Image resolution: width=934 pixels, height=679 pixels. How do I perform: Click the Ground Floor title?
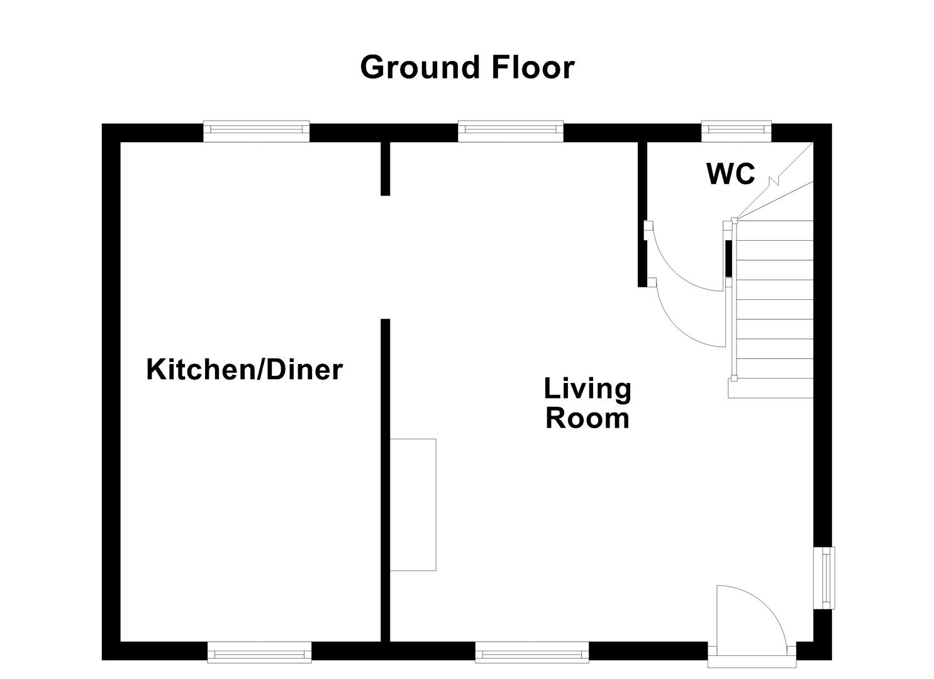coord(467,67)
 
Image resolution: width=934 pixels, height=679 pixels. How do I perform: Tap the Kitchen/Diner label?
coord(244,370)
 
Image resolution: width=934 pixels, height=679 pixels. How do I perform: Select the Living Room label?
coord(587,403)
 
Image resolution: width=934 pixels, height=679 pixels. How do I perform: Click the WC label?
coord(731,174)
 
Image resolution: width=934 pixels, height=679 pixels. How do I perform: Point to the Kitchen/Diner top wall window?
coord(256,130)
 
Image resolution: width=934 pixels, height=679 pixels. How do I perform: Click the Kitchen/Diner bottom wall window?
coord(259,652)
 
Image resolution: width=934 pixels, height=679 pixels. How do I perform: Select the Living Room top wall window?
coord(510,130)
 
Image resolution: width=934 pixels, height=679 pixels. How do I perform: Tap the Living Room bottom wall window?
coord(531,652)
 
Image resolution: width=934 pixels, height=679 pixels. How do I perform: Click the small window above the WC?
coord(736,130)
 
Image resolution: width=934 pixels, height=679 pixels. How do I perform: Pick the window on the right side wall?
coord(824,578)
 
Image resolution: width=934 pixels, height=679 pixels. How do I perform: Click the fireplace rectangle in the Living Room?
coord(413,505)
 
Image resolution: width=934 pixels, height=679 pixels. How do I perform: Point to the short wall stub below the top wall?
coord(386,168)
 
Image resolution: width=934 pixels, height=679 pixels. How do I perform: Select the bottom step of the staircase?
coord(770,389)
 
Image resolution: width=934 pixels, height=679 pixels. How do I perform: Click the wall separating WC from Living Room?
coord(642,214)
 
